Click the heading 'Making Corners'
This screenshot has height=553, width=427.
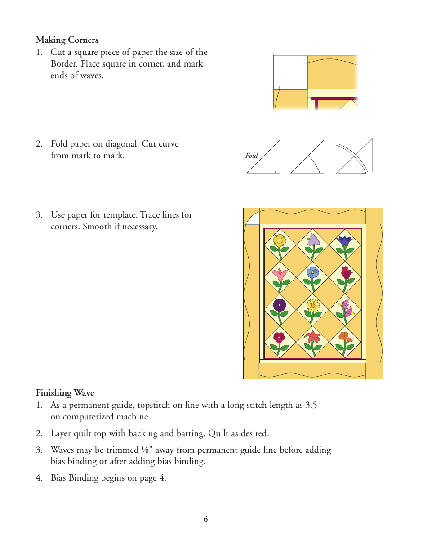(x=67, y=40)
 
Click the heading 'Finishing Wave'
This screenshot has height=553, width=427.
(x=65, y=393)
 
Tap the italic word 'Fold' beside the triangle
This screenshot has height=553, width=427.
(x=252, y=156)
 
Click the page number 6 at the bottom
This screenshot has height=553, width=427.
(x=206, y=519)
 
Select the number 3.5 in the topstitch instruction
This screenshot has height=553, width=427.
(x=311, y=405)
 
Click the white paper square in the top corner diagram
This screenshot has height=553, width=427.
(x=290, y=72)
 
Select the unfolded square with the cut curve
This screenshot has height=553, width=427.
(x=354, y=156)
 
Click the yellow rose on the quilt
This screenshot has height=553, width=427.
(x=280, y=241)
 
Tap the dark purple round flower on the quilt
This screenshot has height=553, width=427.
(x=280, y=305)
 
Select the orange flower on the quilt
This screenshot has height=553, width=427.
(x=344, y=337)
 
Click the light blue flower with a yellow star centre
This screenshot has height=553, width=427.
(x=312, y=272)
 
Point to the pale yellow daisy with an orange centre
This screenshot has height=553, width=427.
(x=313, y=305)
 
